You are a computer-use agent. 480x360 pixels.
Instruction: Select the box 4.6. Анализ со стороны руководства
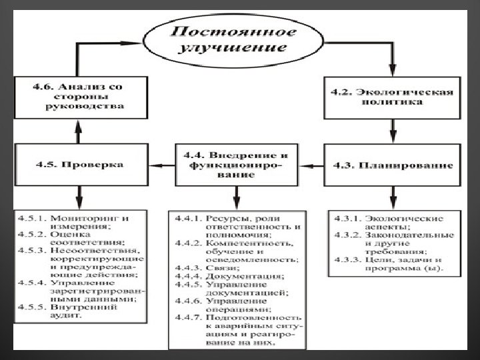click(79, 96)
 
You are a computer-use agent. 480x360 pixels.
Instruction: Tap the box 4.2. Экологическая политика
click(393, 98)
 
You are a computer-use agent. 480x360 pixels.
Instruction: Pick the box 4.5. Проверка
click(79, 164)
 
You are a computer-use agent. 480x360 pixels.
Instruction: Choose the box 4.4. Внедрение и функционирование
click(237, 164)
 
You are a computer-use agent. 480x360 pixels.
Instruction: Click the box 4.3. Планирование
click(393, 164)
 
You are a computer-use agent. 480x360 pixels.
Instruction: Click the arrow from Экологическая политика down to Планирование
click(393, 131)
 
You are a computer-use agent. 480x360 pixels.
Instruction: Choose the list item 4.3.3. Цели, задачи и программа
click(393, 265)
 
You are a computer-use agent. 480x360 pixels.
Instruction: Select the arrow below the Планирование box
click(393, 197)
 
